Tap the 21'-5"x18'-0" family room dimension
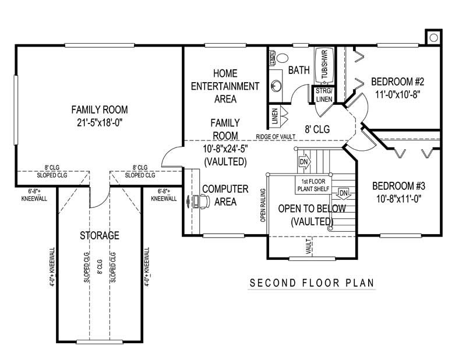[99, 122]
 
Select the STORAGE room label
[100, 235]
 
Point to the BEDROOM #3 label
[399, 186]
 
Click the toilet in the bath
[281, 58]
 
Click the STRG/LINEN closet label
[324, 96]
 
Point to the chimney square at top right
[434, 37]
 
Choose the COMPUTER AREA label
[225, 195]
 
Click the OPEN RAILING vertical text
[263, 205]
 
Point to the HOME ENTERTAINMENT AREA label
[225, 86]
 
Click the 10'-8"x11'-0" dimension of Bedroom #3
[399, 198]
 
